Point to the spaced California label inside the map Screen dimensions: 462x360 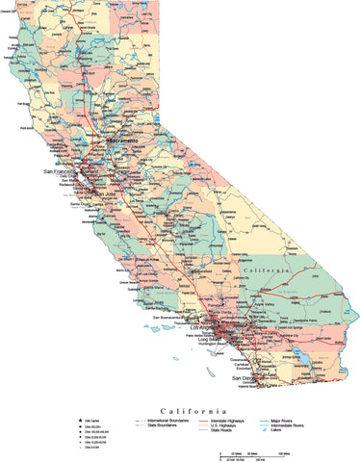click(265, 271)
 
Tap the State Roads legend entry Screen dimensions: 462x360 click(221, 431)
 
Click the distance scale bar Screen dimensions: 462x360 click(257, 452)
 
